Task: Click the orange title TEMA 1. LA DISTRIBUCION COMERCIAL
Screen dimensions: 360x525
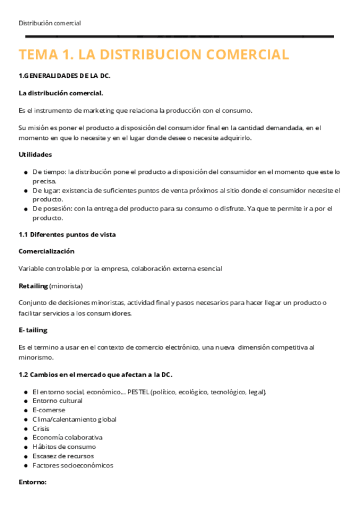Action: (x=153, y=54)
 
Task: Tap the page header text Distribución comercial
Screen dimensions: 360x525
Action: (x=49, y=23)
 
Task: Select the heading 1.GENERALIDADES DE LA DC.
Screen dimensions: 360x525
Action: (x=64, y=76)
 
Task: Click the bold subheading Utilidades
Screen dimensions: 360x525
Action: (x=35, y=154)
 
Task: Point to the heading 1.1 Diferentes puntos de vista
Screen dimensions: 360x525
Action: (x=67, y=235)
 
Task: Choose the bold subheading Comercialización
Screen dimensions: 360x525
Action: (x=46, y=251)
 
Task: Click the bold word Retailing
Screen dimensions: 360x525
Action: (x=33, y=286)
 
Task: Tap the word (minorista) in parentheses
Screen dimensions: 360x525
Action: (x=66, y=286)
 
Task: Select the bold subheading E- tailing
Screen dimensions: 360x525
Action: (x=33, y=330)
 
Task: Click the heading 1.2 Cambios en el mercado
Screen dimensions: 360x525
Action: (x=95, y=375)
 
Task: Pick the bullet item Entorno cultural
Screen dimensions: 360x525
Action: (x=58, y=401)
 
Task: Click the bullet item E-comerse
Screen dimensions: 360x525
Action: (x=49, y=410)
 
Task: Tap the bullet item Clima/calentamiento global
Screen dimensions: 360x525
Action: (x=74, y=419)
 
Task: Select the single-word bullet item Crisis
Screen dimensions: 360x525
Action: (x=41, y=428)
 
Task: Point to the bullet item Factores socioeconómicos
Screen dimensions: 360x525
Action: (x=72, y=465)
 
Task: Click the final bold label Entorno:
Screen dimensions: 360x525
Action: (x=33, y=482)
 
